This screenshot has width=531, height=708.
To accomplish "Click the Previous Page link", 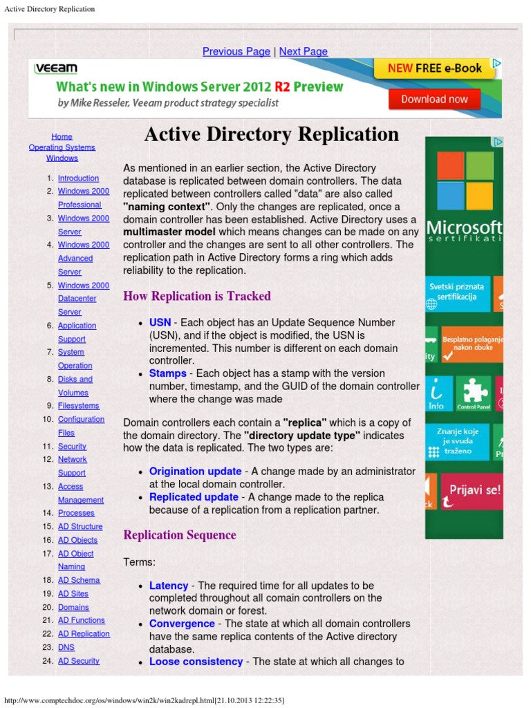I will pyautogui.click(x=236, y=51).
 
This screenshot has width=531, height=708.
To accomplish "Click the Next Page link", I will pyautogui.click(x=303, y=51).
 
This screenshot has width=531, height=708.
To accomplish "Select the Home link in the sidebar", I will pyautogui.click(x=62, y=137).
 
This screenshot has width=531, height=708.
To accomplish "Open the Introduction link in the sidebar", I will pyautogui.click(x=78, y=178).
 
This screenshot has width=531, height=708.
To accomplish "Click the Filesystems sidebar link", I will pyautogui.click(x=78, y=406).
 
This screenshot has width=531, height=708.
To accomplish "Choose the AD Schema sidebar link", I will pyautogui.click(x=79, y=580).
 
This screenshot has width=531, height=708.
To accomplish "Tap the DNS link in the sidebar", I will pyautogui.click(x=66, y=647).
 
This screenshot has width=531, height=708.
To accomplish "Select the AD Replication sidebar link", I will pyautogui.click(x=84, y=633).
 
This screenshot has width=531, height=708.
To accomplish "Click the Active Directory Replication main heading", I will pyautogui.click(x=271, y=134).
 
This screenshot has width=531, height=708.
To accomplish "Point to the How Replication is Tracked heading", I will pyautogui.click(x=196, y=296).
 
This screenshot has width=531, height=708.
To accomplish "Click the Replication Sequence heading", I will pyautogui.click(x=179, y=535).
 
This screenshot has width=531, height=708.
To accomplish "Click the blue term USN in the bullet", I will pyautogui.click(x=160, y=322).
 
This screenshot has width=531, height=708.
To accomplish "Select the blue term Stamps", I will pyautogui.click(x=167, y=373).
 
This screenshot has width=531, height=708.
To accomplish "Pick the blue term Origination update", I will pyautogui.click(x=195, y=471).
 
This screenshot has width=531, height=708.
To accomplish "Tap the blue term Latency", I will pyautogui.click(x=168, y=586).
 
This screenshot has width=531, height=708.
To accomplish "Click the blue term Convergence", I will pyautogui.click(x=182, y=624).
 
